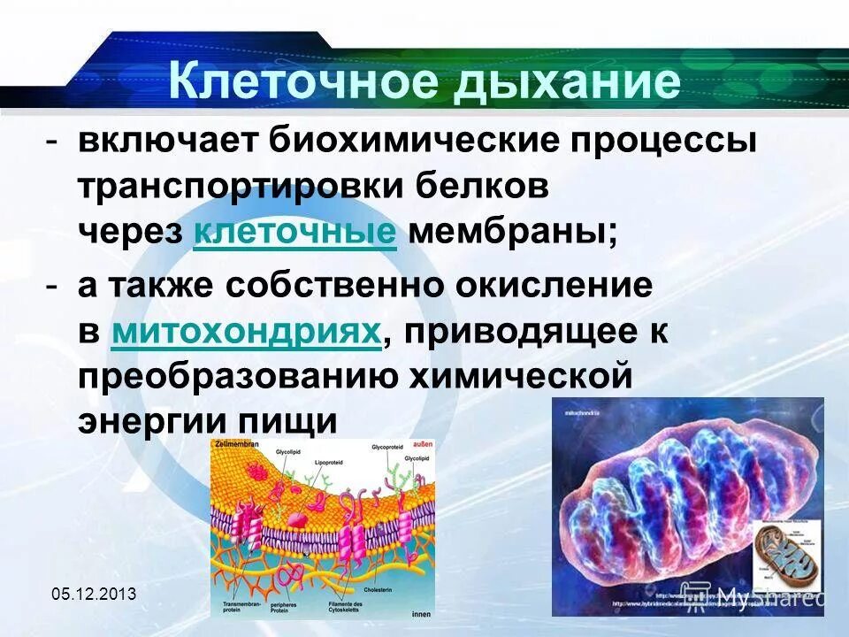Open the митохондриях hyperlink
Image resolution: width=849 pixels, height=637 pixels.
[248, 331]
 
